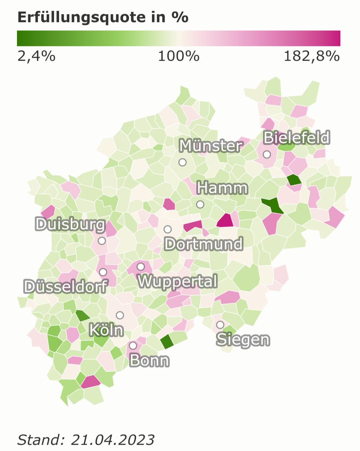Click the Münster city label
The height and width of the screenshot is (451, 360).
pos(210,146)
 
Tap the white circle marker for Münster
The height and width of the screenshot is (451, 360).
pos(182,162)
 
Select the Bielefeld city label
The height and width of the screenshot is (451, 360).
pos(296,138)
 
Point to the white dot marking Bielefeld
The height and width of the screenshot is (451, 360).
pos(267,154)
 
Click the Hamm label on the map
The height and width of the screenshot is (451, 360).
pos(222,188)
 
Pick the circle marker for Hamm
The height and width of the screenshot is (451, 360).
pos(200,204)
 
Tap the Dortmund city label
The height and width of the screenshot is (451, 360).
pos(204,244)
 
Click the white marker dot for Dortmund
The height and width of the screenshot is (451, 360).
pos(167,229)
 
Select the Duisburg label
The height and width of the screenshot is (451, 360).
pos(70,225)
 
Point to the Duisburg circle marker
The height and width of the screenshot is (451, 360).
pos(102,241)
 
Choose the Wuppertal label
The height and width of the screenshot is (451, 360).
pos(178,281)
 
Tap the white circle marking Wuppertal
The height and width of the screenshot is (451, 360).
pos(141,266)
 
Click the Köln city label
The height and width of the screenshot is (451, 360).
pos(106,330)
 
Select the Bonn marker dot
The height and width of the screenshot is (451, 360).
pos(133,345)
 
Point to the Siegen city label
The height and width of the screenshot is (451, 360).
pos(243,340)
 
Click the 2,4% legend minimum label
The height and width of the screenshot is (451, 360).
pos(36,57)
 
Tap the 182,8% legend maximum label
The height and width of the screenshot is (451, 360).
pos(312,57)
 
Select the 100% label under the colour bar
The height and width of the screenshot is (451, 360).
pos(178,57)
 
